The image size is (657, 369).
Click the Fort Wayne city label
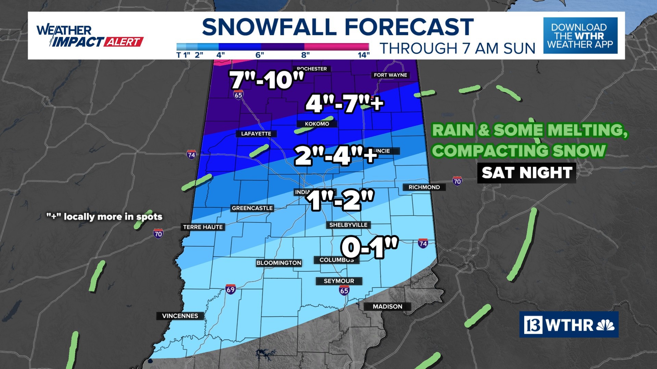390,75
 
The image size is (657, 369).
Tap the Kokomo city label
317,124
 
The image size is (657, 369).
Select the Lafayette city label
256,134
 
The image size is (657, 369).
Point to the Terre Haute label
203,227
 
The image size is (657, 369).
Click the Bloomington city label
279,263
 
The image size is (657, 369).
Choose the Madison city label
387,306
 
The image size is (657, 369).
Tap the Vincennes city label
180,316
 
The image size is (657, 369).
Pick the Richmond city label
424,187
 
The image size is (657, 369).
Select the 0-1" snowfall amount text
370,247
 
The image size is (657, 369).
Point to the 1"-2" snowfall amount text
340,200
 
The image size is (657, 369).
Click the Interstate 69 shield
231,290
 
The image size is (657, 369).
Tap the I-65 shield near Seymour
344,290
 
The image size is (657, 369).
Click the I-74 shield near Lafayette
192,155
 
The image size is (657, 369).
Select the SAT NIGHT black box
527,173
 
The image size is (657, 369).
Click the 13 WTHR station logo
569,325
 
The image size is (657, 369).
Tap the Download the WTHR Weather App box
580,36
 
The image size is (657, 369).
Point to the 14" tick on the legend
363,55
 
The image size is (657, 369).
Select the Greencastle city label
252,208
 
